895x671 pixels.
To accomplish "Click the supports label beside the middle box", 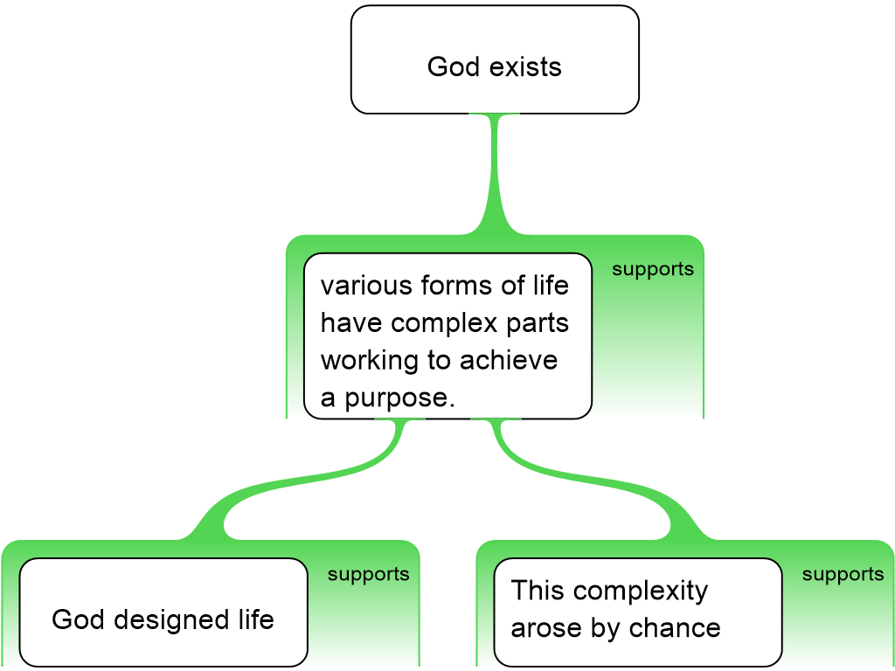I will tap(652, 269).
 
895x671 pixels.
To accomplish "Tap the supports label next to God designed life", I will tap(368, 574).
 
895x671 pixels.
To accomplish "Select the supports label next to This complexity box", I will tap(843, 574).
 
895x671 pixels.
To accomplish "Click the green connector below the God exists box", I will tap(496, 175).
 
